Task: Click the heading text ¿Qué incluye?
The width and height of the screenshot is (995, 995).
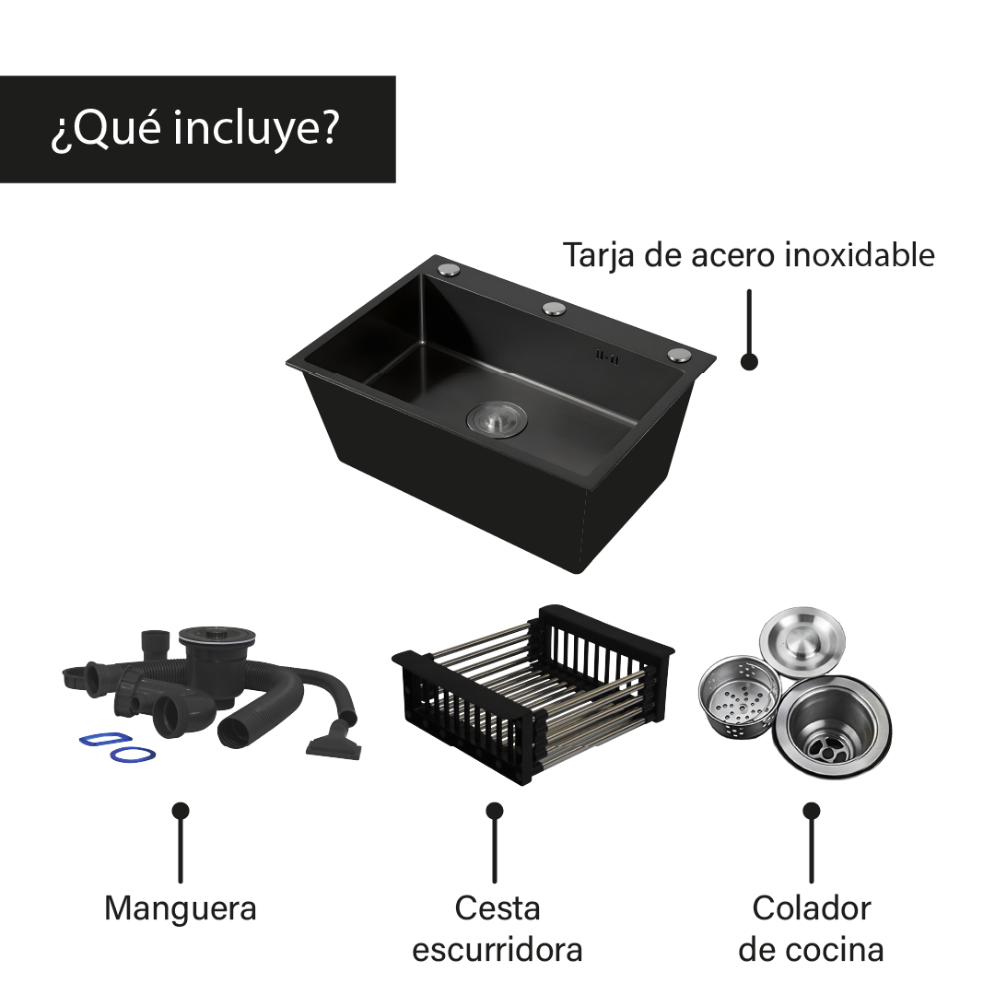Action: coord(194,130)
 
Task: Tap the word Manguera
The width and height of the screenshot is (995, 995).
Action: coord(181,909)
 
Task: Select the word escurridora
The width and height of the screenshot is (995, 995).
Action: coord(497,950)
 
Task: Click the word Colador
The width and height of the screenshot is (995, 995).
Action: coord(811,908)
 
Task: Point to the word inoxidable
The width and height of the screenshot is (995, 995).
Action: coord(860,255)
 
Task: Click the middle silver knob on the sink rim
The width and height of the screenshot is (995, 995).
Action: coord(554,309)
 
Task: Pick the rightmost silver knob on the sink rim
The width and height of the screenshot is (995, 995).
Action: coord(679,354)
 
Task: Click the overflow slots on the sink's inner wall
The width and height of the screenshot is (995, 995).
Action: coord(606,357)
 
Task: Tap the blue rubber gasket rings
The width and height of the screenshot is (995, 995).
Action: coord(117,747)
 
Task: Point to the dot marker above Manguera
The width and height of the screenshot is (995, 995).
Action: coord(181,811)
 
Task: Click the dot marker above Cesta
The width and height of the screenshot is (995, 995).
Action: coord(495,811)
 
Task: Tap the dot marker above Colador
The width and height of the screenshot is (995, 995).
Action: coord(811,811)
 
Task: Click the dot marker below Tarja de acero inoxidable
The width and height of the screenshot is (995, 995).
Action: coord(749,362)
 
